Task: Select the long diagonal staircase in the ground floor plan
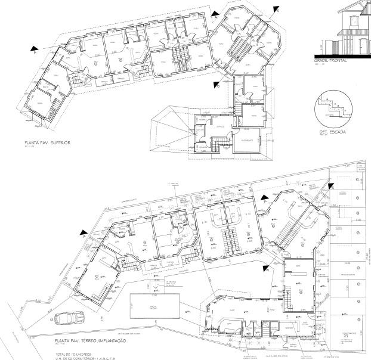click(x=283, y=229)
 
